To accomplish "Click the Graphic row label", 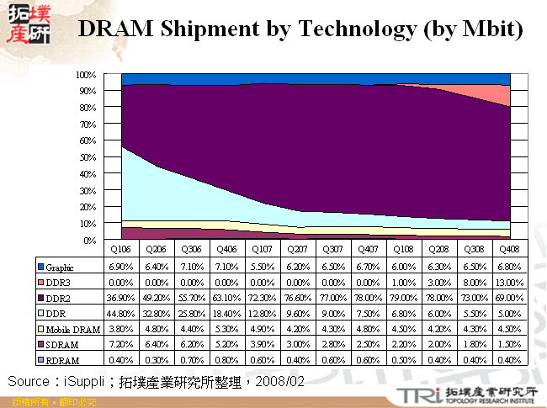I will (61, 268).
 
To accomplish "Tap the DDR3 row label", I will (59, 283).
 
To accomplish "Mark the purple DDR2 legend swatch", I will (40, 298).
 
